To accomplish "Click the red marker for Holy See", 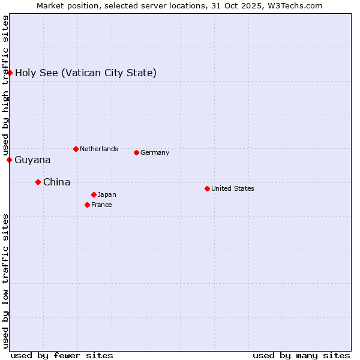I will click(x=10, y=73).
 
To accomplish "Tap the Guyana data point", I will click(x=10, y=160).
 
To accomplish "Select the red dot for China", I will click(x=38, y=182).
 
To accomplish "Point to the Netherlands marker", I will click(x=76, y=149).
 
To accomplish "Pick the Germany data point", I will click(x=136, y=152).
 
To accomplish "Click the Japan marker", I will click(x=94, y=194).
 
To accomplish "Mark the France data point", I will click(x=87, y=205).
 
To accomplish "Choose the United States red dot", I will click(x=207, y=188).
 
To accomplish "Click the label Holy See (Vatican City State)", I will click(x=86, y=73).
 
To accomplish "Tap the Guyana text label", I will click(x=32, y=160).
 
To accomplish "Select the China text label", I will click(x=56, y=182).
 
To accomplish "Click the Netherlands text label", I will click(x=98, y=149).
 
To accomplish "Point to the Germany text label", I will click(x=155, y=152).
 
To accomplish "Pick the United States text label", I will click(x=232, y=188).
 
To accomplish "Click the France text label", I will click(x=101, y=205).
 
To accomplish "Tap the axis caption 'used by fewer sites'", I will click(x=62, y=355).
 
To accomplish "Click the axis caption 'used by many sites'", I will click(x=301, y=355).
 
